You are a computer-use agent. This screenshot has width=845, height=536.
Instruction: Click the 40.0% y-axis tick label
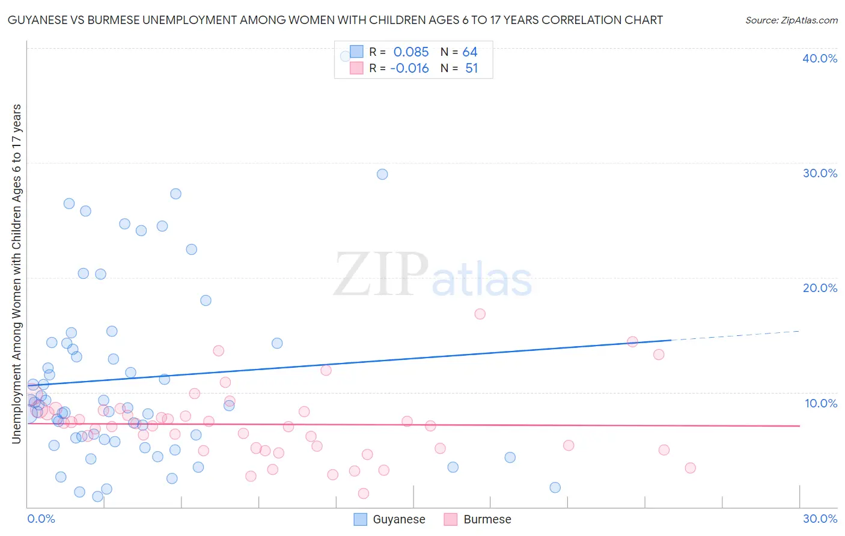[820, 58]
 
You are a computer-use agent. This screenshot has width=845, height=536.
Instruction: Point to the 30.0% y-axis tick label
[820, 173]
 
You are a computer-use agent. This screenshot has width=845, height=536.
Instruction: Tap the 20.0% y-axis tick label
[820, 288]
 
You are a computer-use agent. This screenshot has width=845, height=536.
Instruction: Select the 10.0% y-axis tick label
[821, 403]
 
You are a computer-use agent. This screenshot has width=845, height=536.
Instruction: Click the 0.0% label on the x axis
[41, 519]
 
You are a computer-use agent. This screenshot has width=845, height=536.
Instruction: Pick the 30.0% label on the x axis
[820, 519]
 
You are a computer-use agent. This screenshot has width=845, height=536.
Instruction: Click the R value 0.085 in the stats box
[411, 52]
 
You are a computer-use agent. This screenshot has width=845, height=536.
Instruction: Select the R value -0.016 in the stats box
[409, 69]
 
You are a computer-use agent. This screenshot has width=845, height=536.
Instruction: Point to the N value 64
[470, 52]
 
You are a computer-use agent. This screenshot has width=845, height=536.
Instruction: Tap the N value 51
[472, 69]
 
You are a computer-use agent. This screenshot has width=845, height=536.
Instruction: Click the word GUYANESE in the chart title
[43, 20]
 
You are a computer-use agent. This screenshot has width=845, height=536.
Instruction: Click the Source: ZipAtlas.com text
[791, 20]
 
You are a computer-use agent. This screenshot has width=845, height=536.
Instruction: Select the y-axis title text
[16, 274]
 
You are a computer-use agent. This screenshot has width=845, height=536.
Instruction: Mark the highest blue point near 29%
[382, 174]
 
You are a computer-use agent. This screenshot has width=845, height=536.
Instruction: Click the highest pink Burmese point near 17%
[480, 314]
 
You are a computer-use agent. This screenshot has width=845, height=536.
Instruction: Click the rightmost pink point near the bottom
[690, 467]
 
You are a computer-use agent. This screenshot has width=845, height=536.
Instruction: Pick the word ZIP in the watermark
[381, 274]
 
